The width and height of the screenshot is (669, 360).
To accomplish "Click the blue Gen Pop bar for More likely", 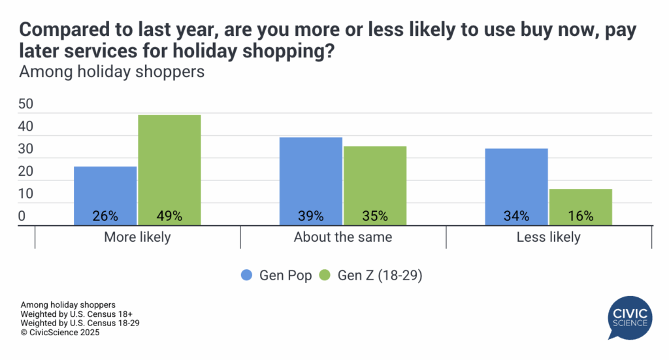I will pos(105,189).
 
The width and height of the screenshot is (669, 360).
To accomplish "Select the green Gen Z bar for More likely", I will pos(169,163).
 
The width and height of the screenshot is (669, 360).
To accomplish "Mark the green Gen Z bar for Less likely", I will pos(580,203).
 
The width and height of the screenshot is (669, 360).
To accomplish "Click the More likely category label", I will pos(137,237).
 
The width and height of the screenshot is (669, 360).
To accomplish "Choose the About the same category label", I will pos(343,237).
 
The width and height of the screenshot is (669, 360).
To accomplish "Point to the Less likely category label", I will pos(548,237).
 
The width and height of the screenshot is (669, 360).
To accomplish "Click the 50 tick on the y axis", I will pos(26,105).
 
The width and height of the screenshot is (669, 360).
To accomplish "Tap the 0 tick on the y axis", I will pos(22,216).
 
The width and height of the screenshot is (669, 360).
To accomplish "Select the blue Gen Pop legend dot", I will pos(248,276).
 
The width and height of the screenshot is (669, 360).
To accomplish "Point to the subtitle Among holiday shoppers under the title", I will pos(112,72).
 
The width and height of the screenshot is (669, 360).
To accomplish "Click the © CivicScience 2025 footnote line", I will pos(60,332).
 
